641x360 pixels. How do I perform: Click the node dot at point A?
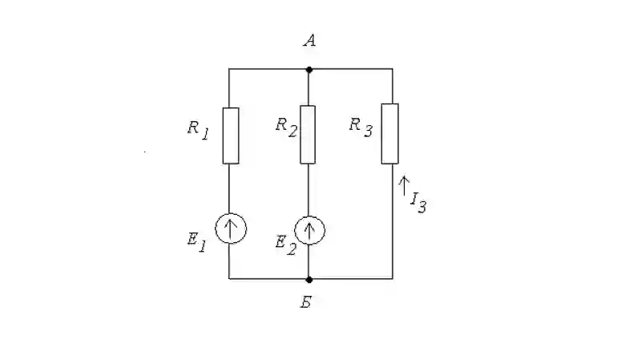click(309, 70)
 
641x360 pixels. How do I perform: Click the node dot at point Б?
click(309, 279)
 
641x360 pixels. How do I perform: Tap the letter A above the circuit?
click(310, 40)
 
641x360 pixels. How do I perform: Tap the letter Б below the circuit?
click(307, 302)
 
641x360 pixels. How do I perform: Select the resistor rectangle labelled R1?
click(231, 136)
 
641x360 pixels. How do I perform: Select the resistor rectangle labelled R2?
click(308, 135)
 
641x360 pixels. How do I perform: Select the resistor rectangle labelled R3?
click(390, 134)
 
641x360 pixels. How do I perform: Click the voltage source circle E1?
click(231, 229)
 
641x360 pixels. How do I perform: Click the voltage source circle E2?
click(309, 230)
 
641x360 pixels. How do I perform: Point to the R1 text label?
click(198, 130)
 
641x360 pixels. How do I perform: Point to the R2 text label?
click(286, 127)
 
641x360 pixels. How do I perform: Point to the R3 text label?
click(361, 127)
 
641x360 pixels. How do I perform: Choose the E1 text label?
click(196, 242)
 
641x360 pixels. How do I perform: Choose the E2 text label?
click(286, 245)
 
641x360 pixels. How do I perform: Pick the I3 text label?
click(418, 202)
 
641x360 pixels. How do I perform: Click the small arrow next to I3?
click(404, 186)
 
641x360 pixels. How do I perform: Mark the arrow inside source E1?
click(231, 229)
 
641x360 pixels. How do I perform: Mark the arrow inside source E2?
click(309, 231)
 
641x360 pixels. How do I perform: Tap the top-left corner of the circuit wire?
click(229, 69)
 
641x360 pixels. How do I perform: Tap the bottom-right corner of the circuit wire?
click(393, 278)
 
